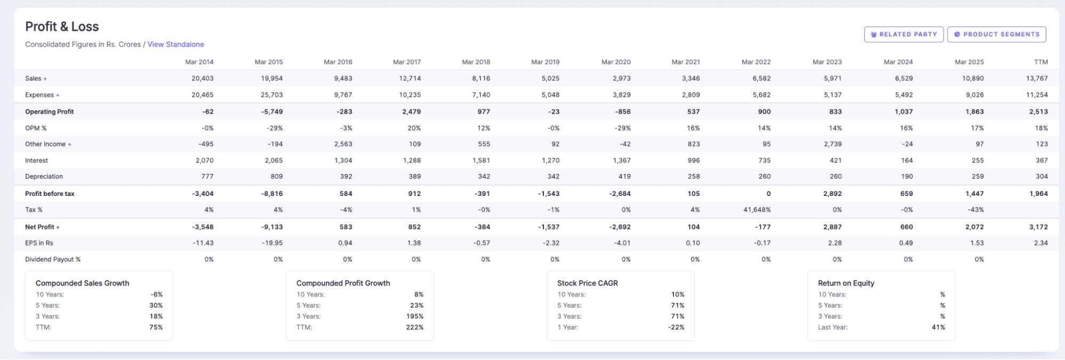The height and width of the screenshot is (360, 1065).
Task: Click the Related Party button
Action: tap(904, 34)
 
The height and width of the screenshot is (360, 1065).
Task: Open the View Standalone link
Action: tap(175, 44)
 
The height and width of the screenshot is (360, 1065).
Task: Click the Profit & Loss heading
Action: tap(62, 27)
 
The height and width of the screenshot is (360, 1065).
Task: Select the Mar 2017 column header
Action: tap(407, 62)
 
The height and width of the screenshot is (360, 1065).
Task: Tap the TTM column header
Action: tap(1040, 62)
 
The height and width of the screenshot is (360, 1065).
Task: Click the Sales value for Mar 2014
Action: tap(202, 78)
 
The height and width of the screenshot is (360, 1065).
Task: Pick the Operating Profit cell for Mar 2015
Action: tap(272, 111)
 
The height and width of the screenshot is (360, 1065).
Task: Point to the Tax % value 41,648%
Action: tap(757, 210)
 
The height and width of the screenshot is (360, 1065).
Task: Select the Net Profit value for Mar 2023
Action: tap(832, 227)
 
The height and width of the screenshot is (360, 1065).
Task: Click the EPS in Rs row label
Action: tap(39, 243)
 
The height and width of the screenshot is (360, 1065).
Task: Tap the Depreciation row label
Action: tap(44, 176)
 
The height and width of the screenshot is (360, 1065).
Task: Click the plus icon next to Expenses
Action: tap(58, 95)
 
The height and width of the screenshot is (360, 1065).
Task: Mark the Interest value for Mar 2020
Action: tap(621, 160)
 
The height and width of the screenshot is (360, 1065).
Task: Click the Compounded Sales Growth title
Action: tap(82, 283)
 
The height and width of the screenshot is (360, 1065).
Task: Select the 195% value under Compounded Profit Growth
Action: tap(414, 316)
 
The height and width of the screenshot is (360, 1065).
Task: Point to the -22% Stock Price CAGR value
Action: tap(676, 327)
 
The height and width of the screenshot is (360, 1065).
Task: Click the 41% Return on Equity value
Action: tap(938, 327)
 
